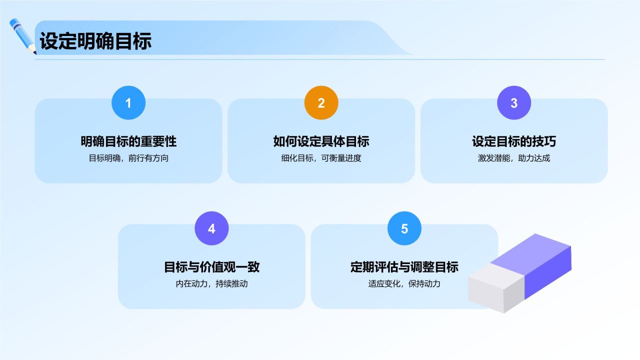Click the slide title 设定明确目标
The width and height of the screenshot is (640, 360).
tap(95, 41)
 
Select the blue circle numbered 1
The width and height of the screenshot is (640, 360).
tap(128, 103)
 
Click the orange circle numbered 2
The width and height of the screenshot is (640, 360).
tap(321, 103)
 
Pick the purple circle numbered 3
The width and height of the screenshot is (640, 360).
tap(514, 103)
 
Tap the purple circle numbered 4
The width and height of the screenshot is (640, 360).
tap(211, 228)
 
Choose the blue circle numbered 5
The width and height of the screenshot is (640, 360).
tap(404, 228)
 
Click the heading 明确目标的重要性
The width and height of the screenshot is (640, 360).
tap(128, 141)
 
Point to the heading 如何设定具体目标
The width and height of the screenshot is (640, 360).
tap(321, 141)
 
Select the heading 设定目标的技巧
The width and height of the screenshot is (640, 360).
tap(514, 141)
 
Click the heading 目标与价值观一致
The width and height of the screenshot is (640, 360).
tap(211, 267)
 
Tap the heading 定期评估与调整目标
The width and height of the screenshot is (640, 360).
tap(404, 267)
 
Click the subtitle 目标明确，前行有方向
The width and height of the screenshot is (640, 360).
tap(128, 158)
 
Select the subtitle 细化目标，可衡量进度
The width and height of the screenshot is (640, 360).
tap(321, 158)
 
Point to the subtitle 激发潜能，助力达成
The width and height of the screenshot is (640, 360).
tap(514, 158)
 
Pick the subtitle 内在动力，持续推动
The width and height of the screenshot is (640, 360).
tap(211, 284)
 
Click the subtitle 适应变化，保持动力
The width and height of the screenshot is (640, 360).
tap(404, 284)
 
